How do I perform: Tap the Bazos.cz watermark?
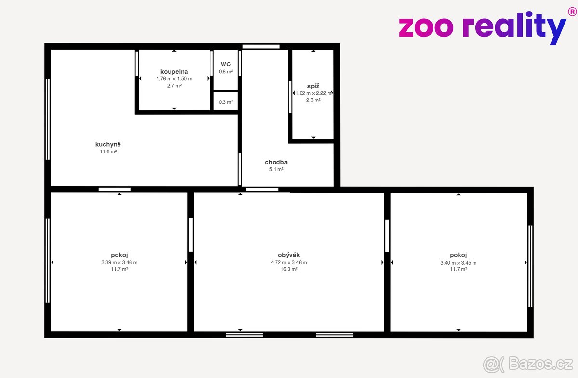click(x=528, y=365)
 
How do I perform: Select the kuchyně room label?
click(x=108, y=145)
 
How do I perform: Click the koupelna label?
click(x=174, y=72)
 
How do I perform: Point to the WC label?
click(x=226, y=64)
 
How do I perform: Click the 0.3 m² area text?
click(x=226, y=102)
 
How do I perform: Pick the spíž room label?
click(x=313, y=86)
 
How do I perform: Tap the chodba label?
click(x=276, y=162)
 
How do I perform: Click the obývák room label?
click(x=289, y=255)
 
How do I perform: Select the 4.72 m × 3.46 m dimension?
click(x=289, y=262)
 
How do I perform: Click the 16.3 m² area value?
click(x=289, y=269)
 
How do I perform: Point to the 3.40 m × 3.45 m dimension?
click(x=459, y=263)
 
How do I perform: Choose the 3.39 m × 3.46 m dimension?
click(x=119, y=262)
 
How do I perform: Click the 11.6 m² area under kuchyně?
click(x=108, y=152)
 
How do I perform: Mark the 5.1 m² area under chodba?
click(x=276, y=169)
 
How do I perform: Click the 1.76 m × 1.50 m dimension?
click(x=174, y=79)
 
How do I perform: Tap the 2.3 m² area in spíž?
click(x=313, y=100)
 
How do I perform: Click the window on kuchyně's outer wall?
click(x=48, y=119)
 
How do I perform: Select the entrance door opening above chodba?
click(x=261, y=47)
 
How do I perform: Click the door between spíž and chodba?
click(x=290, y=97)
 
